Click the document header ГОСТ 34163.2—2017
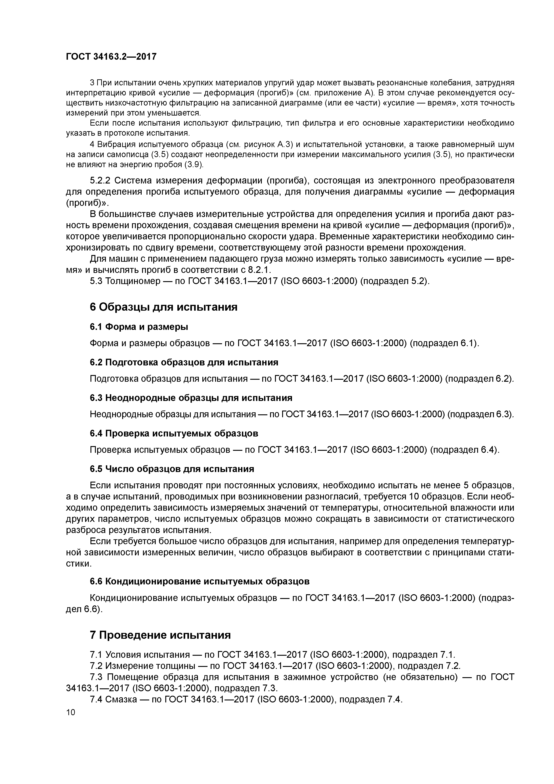click(111, 57)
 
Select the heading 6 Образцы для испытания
click(164, 307)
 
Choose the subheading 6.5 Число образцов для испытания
click(172, 469)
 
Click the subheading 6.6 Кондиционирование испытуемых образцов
click(200, 581)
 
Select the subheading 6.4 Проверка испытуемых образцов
click(174, 433)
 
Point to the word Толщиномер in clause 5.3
click(132, 281)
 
